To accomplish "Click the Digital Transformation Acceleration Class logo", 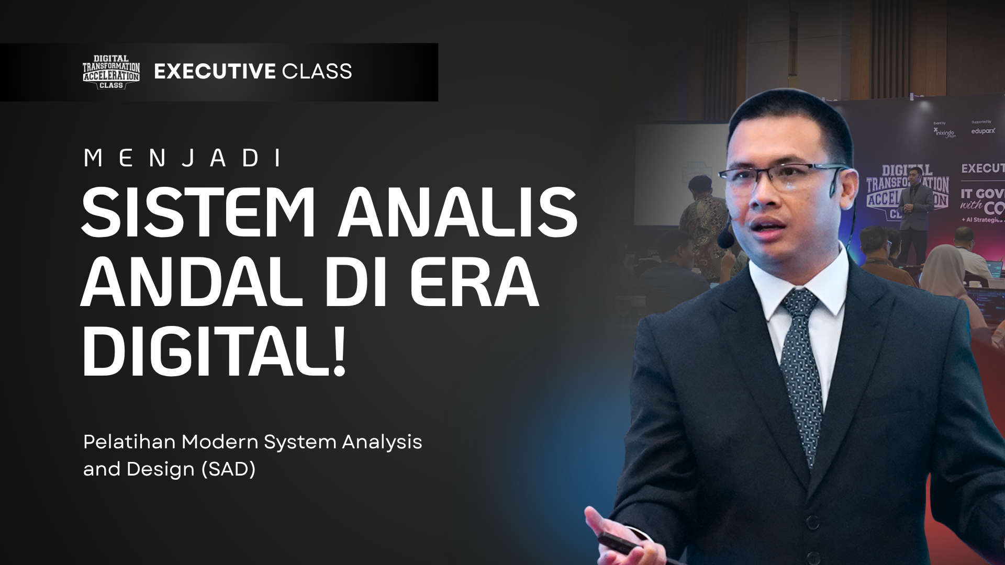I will [111, 72].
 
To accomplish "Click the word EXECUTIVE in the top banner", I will [215, 72].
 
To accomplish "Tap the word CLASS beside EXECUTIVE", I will [317, 72].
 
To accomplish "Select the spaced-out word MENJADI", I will [183, 158].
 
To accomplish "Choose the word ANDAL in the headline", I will [191, 282].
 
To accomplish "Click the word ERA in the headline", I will [474, 282].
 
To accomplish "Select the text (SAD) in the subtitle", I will [229, 469].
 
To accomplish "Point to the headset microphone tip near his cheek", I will [725, 240].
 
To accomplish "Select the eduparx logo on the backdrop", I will [982, 130].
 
